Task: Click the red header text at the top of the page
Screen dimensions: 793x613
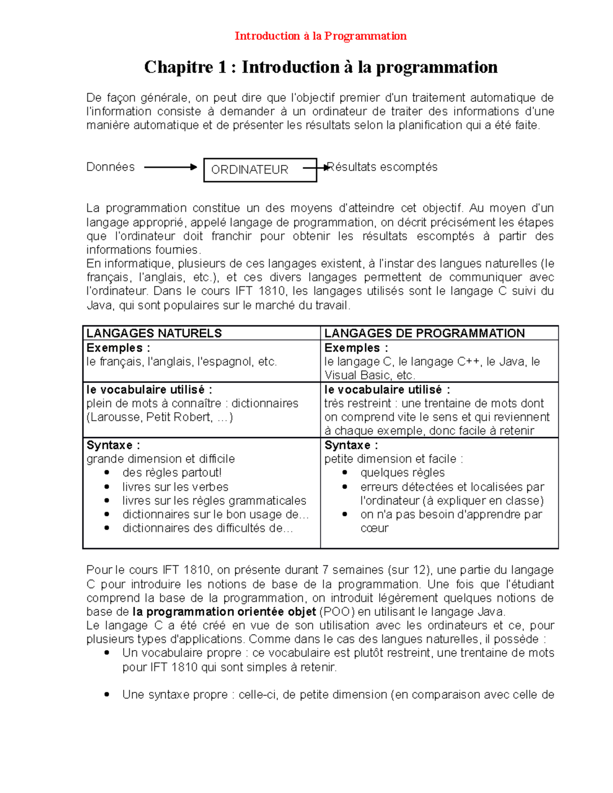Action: coord(320,36)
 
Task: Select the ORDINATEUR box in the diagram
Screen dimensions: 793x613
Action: coord(260,170)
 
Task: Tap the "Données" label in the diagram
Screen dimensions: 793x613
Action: coord(110,167)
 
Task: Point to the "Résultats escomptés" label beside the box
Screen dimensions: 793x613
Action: coord(382,167)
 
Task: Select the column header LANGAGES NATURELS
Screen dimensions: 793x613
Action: coord(154,333)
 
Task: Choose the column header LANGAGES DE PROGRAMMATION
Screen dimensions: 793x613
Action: coord(424,333)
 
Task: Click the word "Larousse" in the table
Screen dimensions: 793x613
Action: coord(115,417)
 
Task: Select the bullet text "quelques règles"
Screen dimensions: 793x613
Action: coord(402,473)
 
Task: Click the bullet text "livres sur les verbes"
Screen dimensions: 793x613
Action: coord(175,487)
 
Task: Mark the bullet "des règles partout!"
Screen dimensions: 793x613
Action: coord(172,473)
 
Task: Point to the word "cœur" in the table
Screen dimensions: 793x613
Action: coord(374,528)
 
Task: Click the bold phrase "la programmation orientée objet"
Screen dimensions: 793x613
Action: coord(224,612)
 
